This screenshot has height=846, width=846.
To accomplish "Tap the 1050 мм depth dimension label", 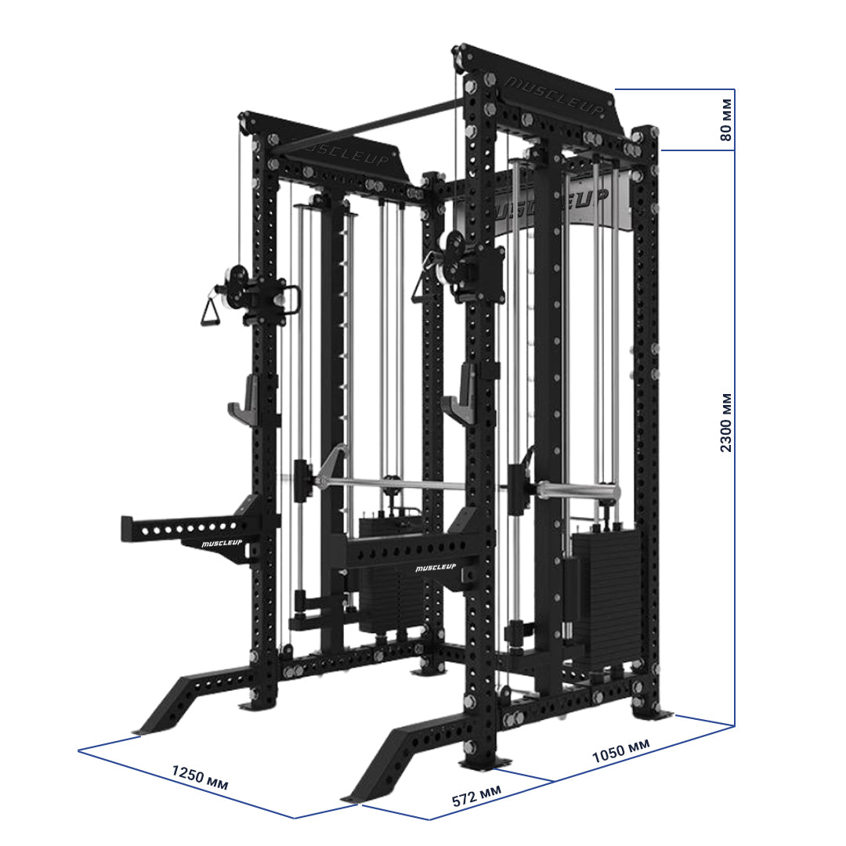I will click(x=620, y=752).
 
